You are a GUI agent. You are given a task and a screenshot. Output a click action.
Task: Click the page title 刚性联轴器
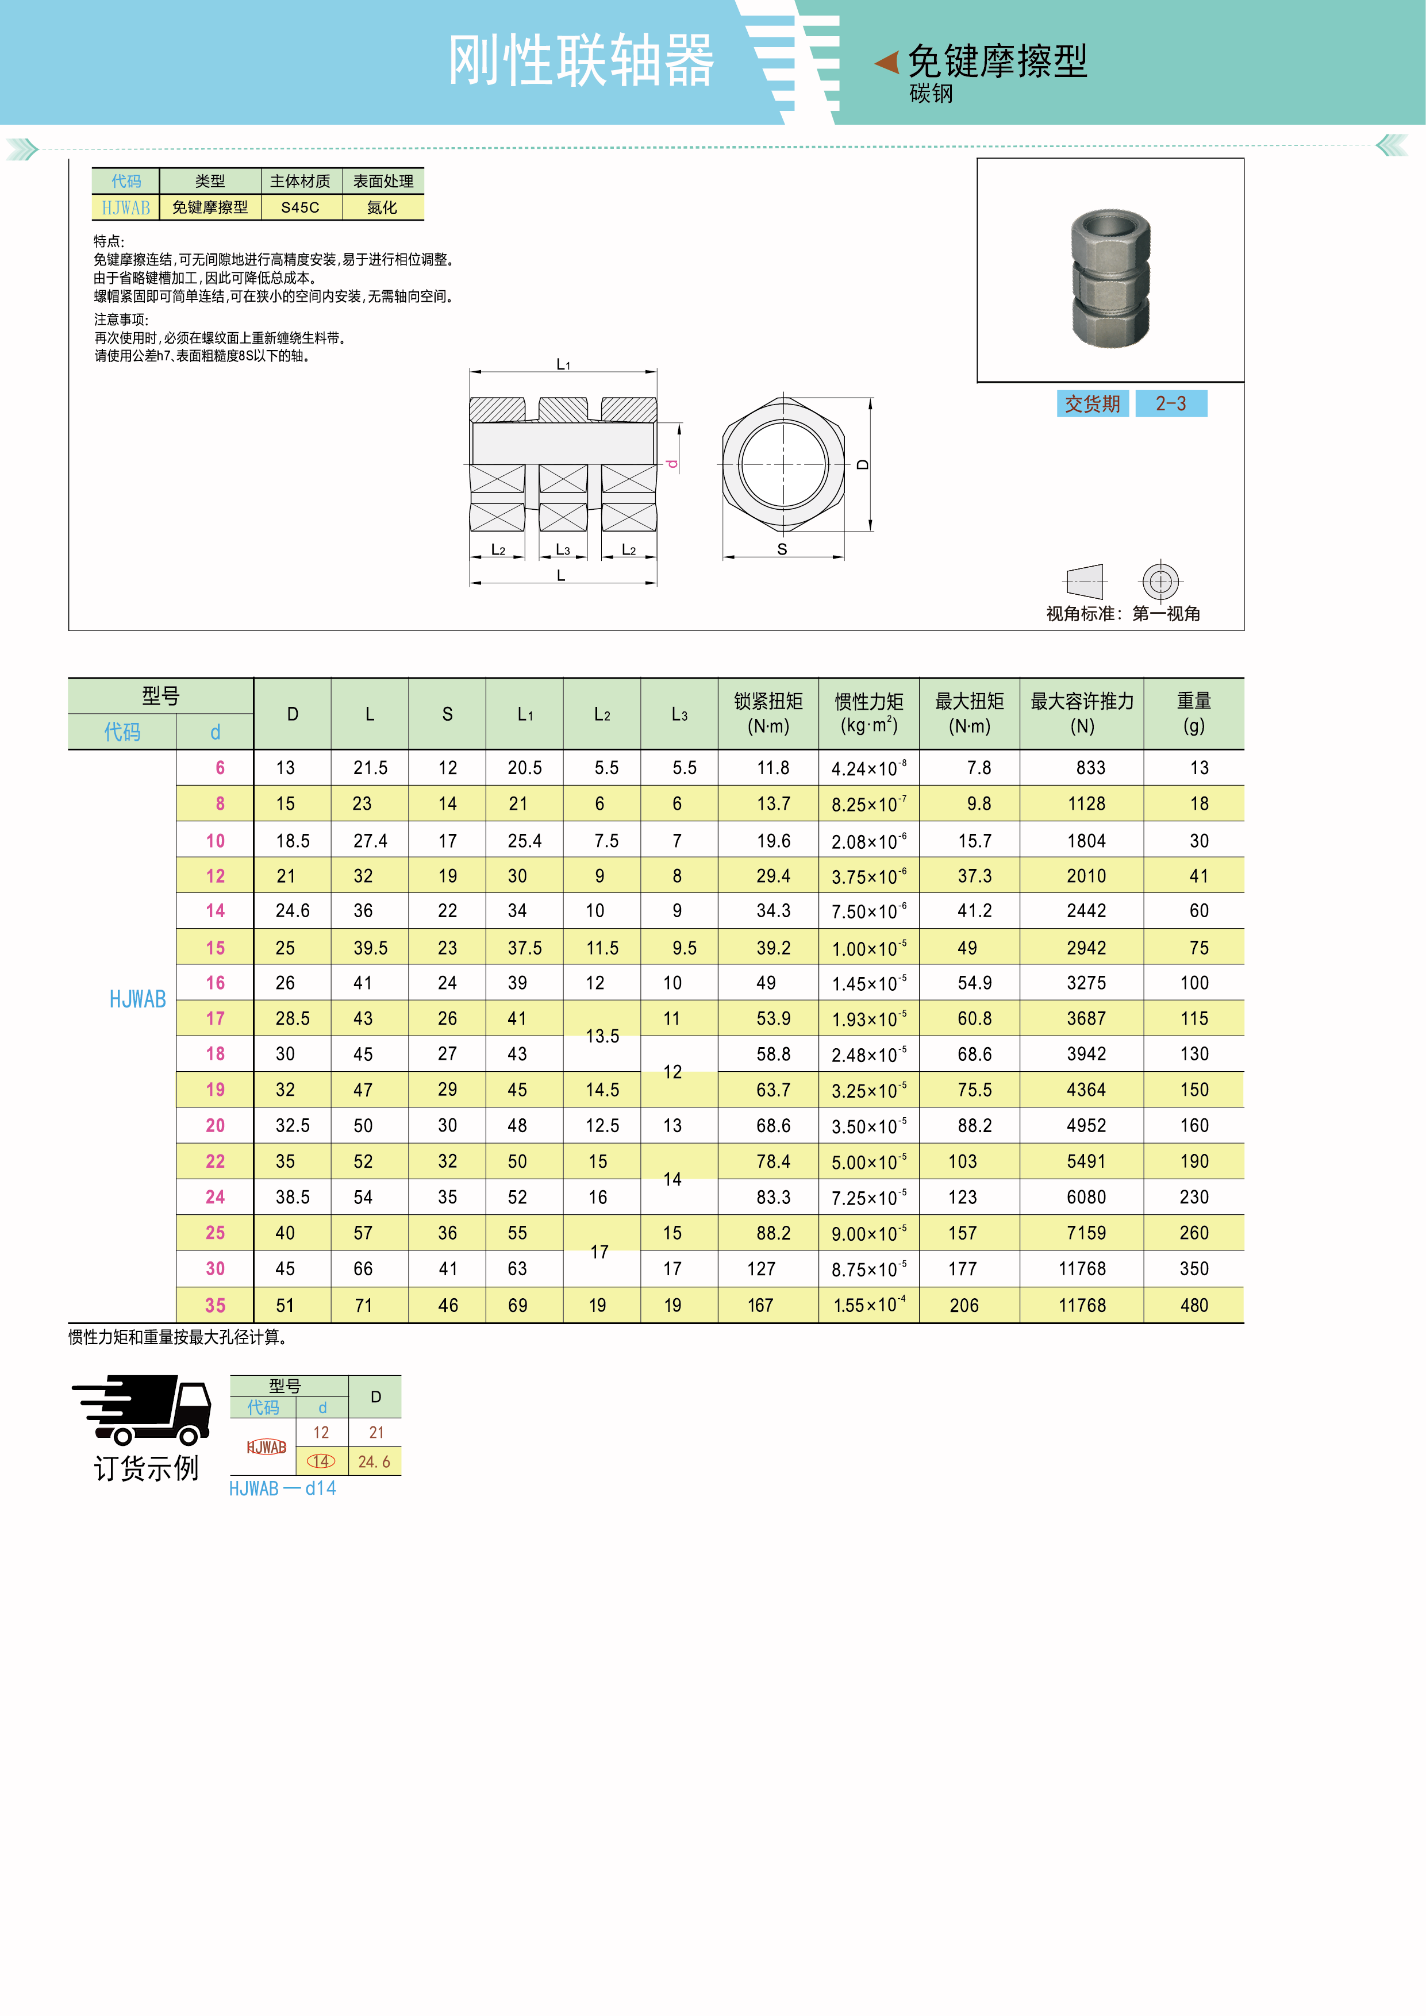(581, 61)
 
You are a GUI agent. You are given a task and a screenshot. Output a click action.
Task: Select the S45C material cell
(300, 207)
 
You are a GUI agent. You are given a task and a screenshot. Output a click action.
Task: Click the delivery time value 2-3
(1170, 404)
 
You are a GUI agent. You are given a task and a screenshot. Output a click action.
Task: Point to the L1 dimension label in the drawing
(563, 364)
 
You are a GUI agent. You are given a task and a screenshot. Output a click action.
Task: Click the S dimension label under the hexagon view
(782, 549)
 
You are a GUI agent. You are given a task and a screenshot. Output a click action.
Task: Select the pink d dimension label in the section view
(672, 463)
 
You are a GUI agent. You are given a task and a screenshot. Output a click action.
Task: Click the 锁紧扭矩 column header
(768, 713)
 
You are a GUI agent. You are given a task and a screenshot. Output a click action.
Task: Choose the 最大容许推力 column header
(1082, 713)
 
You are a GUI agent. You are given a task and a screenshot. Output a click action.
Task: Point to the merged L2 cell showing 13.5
(602, 1036)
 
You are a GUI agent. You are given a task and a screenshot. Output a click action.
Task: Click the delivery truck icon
(142, 1409)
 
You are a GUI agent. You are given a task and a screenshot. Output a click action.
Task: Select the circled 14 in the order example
(321, 1461)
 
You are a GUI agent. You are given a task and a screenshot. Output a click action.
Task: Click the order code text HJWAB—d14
(283, 1488)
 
